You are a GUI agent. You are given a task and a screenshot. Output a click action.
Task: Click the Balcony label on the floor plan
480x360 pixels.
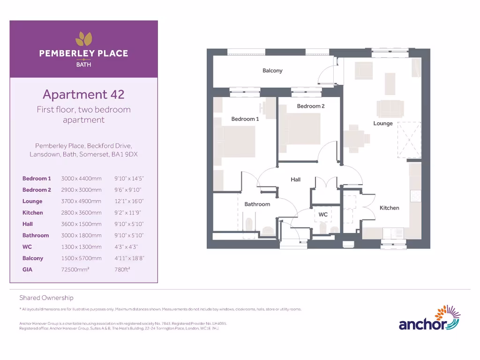[272, 71]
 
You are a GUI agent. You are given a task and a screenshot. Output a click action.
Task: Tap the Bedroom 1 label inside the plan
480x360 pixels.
[245, 119]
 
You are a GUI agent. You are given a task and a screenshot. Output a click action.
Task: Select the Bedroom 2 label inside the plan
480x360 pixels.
[310, 106]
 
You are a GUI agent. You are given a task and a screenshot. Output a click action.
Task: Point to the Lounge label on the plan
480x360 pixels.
[382, 123]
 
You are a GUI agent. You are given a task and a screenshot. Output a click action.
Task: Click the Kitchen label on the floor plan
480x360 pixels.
[389, 208]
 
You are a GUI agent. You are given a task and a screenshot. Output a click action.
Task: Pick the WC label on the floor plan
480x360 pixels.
[323, 214]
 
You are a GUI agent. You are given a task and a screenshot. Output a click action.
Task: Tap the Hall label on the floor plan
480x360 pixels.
[295, 180]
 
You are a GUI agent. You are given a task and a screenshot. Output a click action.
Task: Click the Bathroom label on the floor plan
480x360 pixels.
[257, 204]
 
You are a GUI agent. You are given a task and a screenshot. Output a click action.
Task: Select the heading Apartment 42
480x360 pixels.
[83, 94]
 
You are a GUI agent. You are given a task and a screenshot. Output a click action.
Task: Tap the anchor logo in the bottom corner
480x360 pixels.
[429, 319]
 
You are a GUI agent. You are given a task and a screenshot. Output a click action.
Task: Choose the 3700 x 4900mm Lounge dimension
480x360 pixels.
[81, 201]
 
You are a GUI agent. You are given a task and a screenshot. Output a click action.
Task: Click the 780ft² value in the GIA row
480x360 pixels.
[122, 270]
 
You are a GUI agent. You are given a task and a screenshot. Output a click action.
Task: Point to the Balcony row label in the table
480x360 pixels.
[33, 258]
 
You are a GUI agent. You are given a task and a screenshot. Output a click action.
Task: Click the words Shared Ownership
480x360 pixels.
[46, 298]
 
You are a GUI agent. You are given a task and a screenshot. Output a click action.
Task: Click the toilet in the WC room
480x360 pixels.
[322, 228]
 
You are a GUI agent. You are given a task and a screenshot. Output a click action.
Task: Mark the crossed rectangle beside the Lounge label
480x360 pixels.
[409, 140]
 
